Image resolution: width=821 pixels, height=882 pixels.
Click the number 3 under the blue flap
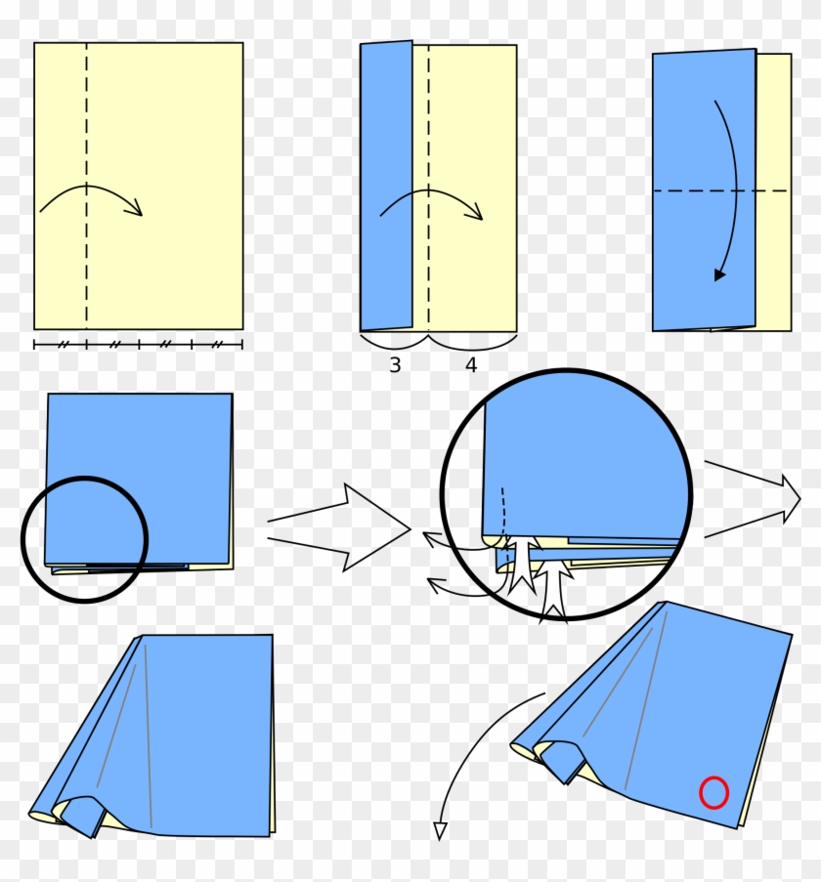tap(395, 365)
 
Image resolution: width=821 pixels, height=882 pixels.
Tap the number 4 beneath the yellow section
tap(471, 365)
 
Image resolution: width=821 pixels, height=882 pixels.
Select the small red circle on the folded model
tap(713, 792)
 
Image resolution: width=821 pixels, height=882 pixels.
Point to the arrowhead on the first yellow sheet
tap(138, 207)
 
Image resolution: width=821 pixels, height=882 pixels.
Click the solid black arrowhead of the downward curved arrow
tap(719, 274)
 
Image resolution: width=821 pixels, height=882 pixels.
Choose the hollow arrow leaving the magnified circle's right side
tap(753, 500)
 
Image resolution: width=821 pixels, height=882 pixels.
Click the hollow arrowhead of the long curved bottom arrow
tap(439, 830)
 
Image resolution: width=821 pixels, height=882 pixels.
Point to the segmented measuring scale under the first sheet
tap(138, 344)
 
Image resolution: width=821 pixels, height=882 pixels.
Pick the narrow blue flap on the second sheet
tap(386, 186)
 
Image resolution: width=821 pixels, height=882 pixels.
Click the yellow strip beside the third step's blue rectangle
tap(773, 190)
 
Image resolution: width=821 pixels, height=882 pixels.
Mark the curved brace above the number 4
tap(471, 343)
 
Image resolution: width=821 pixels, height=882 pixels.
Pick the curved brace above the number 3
tap(393, 343)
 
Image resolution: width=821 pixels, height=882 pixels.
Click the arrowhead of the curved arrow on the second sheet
tap(478, 212)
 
